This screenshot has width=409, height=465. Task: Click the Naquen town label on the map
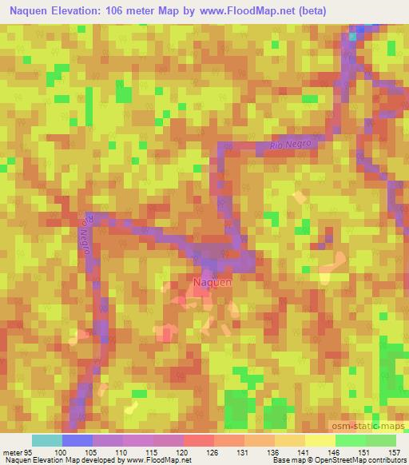coord(212,281)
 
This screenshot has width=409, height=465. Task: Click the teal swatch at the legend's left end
coord(47,440)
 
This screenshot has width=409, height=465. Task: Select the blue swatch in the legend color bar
coord(77,440)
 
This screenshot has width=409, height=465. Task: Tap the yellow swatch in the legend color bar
coord(320,440)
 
